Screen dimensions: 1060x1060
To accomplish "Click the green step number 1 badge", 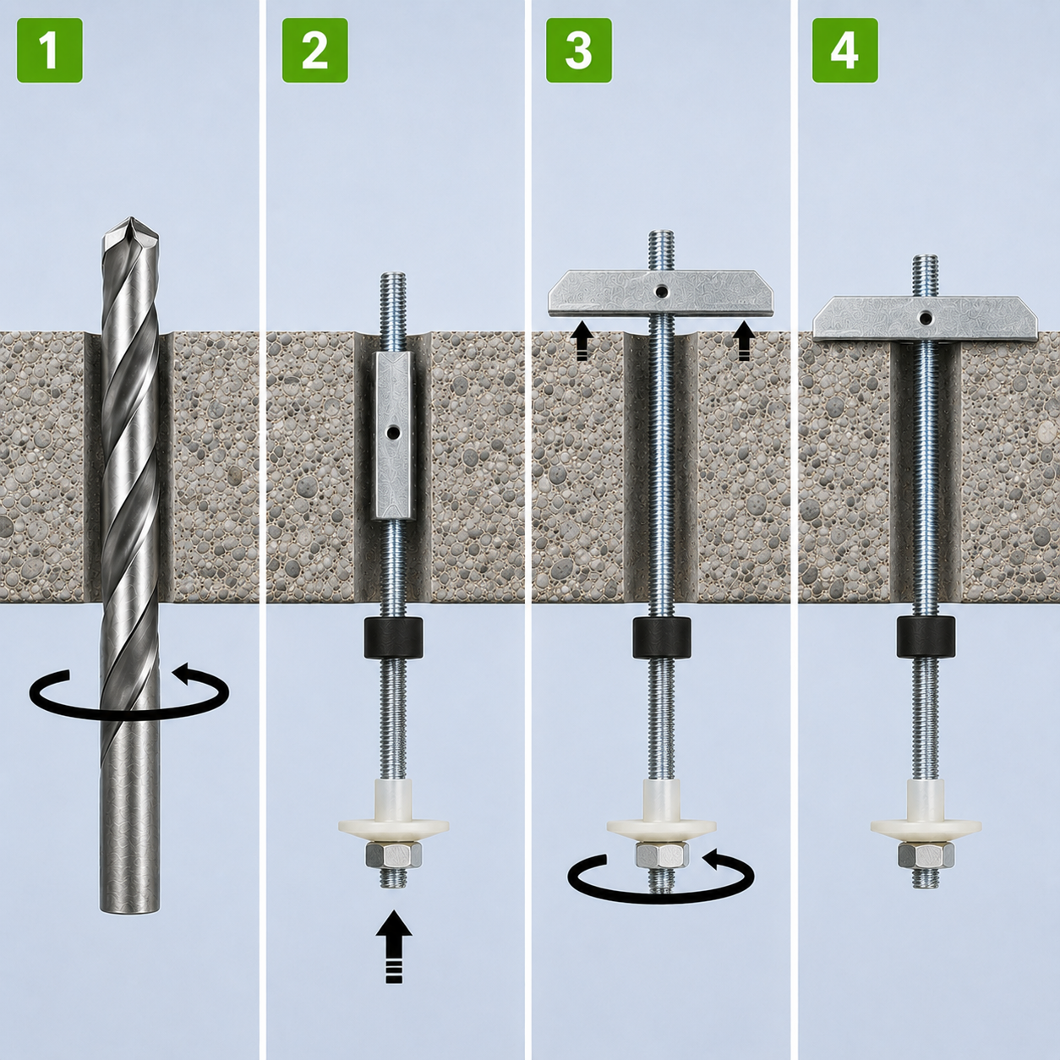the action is click(50, 50).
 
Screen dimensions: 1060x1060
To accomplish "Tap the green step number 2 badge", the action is click(314, 50).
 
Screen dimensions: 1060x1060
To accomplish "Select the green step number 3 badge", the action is click(579, 50).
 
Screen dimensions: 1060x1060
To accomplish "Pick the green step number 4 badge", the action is click(845, 50).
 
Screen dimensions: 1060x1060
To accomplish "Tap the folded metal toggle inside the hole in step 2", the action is click(393, 435).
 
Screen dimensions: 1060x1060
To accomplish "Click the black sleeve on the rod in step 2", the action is click(393, 637).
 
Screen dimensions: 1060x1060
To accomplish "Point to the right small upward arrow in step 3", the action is click(743, 341).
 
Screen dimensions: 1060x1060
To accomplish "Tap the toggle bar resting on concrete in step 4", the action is click(926, 319).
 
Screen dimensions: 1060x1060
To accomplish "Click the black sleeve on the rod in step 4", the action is click(926, 637).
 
